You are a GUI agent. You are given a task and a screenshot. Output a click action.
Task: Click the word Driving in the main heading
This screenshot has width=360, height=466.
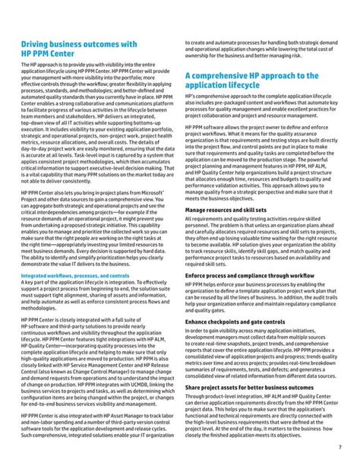click(34, 45)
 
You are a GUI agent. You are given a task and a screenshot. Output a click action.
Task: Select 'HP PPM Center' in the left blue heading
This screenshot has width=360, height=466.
click(46, 55)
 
